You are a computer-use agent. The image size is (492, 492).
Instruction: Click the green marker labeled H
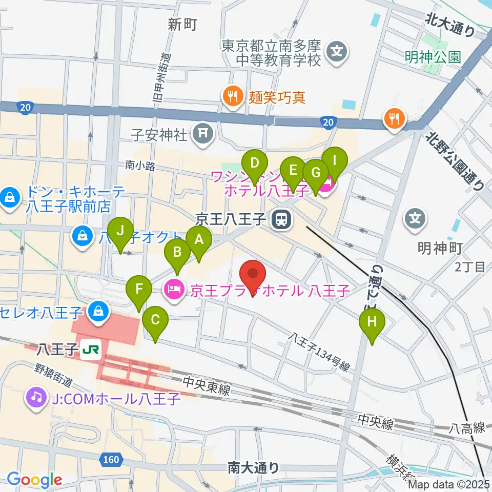(372, 323)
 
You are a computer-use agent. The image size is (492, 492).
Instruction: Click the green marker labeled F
(139, 290)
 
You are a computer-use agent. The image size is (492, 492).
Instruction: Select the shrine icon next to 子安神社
(203, 134)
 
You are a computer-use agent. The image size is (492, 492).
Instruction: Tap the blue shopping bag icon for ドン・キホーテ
(9, 196)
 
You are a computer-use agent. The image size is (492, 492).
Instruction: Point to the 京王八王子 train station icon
(280, 220)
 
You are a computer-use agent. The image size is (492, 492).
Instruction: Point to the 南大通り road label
(253, 467)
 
